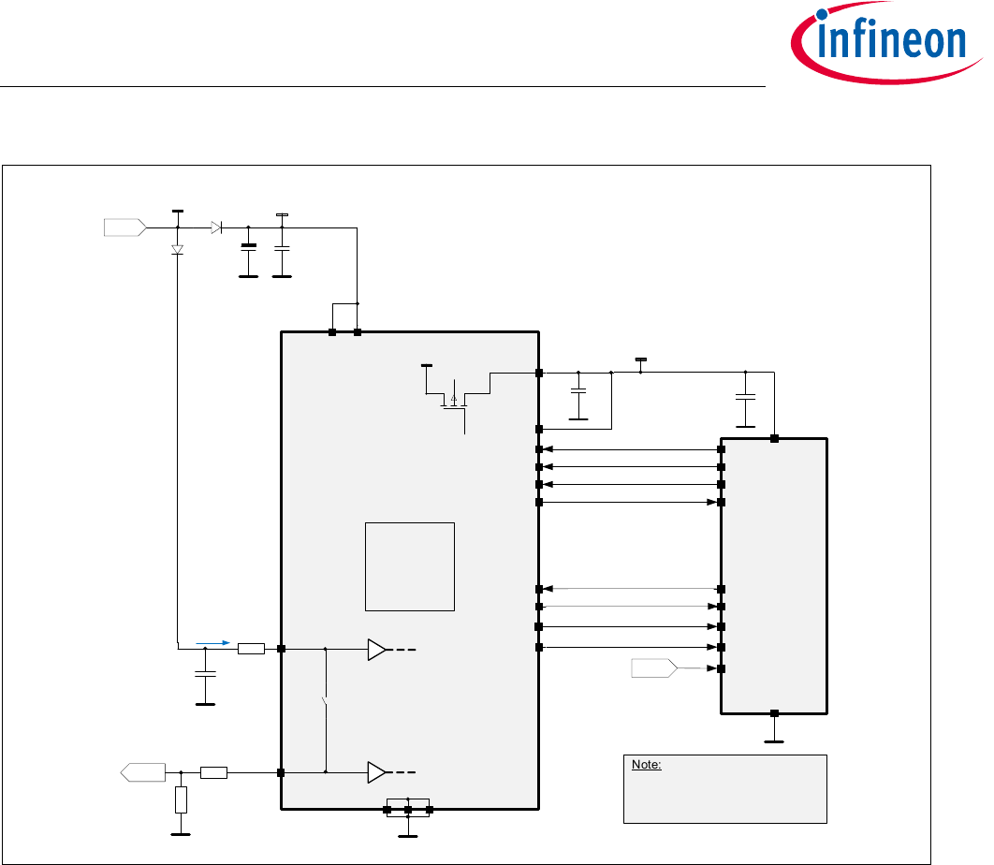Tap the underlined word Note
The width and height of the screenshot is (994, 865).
(647, 765)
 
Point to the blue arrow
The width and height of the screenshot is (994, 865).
(212, 643)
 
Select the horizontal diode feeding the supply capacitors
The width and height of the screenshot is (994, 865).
(216, 227)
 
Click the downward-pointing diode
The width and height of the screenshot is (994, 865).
(177, 250)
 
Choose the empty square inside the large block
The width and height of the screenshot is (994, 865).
(410, 566)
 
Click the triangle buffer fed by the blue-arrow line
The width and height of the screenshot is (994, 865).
(376, 650)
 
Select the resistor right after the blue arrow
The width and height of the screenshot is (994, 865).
(251, 648)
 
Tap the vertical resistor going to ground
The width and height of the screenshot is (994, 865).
(182, 799)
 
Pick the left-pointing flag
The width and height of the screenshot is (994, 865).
(143, 772)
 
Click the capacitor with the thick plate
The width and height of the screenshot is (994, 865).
(248, 247)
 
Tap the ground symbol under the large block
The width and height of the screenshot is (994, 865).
(408, 834)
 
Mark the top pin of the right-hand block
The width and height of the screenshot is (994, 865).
(775, 438)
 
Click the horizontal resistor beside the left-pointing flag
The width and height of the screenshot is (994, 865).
(213, 772)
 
